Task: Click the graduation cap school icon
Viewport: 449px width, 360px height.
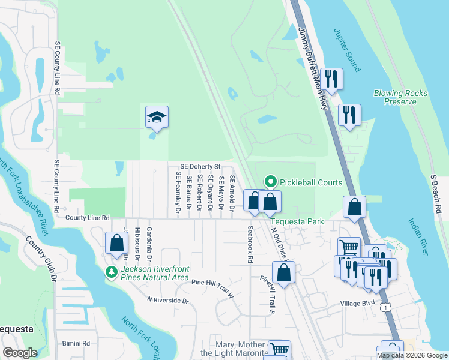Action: [x=157, y=118]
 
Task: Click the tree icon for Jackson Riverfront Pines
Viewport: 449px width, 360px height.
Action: [x=111, y=272]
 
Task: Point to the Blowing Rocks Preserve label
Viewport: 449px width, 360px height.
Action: [x=400, y=97]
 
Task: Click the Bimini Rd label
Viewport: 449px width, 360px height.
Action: [x=76, y=343]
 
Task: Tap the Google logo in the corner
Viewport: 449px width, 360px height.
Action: [x=20, y=353]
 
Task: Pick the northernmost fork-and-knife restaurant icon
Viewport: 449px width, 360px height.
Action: [x=331, y=78]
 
